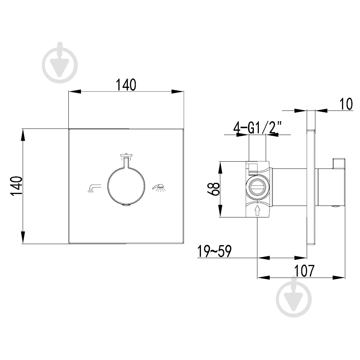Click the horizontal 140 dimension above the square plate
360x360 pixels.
click(126, 85)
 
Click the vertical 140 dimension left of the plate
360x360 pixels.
click(16, 186)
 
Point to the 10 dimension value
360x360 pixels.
click(346, 104)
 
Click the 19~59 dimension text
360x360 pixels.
click(215, 251)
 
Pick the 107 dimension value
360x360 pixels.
click(304, 271)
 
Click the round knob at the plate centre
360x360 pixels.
click(126, 186)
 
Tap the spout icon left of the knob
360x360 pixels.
click(94, 188)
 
